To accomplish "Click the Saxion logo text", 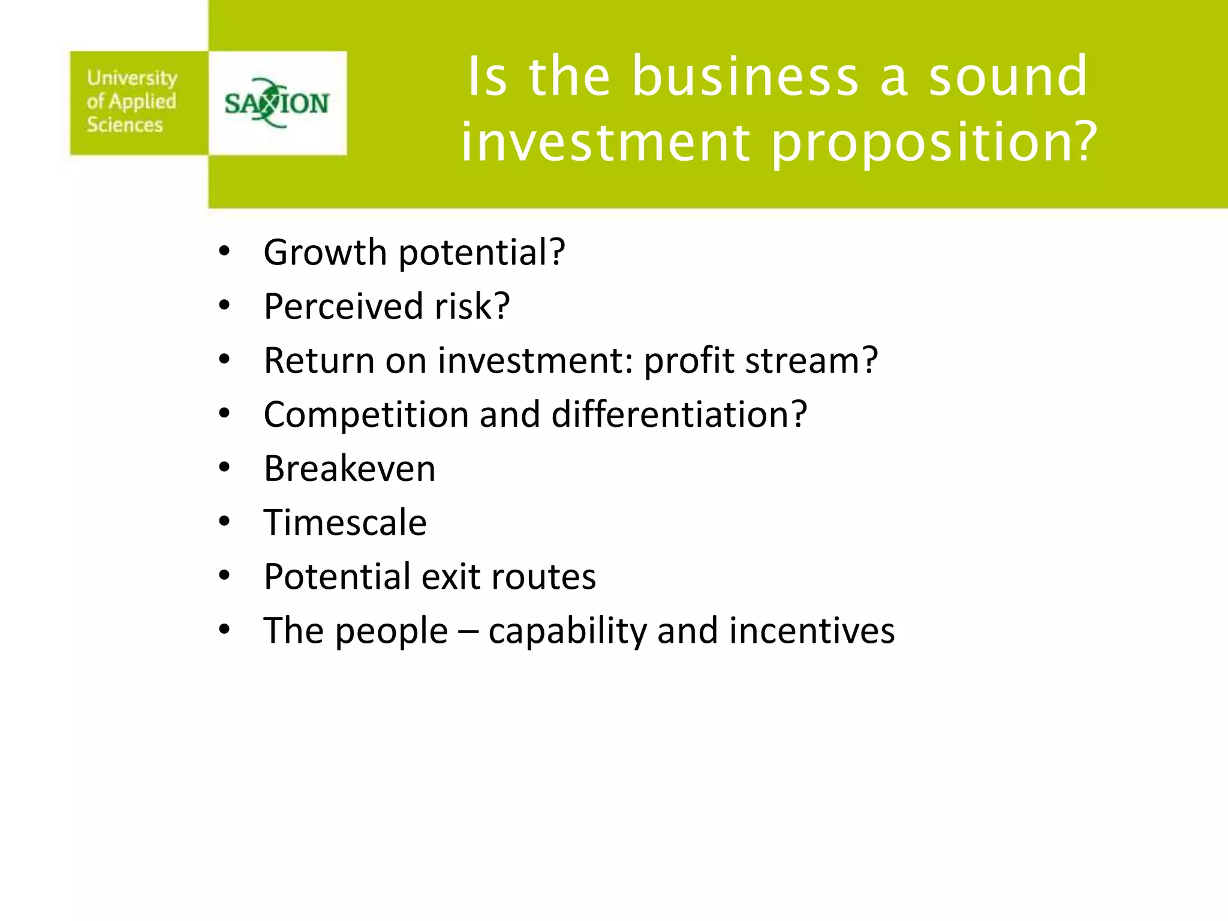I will pos(276,104).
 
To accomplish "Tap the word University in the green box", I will pos(132,78).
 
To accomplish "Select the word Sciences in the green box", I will pos(125,125).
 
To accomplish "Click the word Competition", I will pos(366,415).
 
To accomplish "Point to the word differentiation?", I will pos(679,415).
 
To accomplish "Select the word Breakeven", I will pos(350,469).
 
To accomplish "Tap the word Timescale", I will pos(345,523).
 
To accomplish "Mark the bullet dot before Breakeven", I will pos(224,468).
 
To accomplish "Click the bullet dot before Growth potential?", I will pos(224,251).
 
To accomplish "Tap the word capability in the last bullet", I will pos(567,631).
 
